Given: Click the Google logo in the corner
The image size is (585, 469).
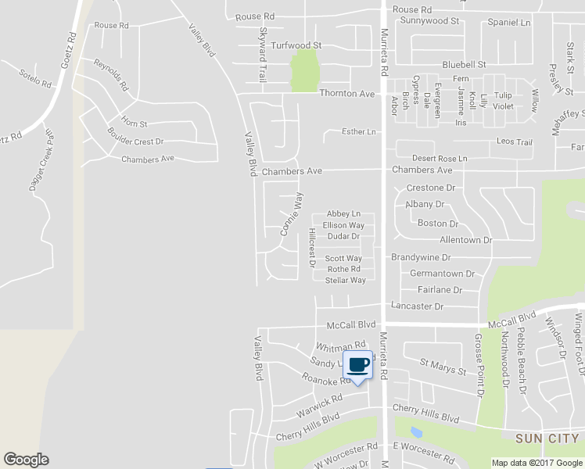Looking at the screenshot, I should [x=26, y=460].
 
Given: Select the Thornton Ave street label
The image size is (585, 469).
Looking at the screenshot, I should [x=347, y=94].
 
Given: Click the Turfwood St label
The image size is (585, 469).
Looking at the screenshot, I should [x=296, y=46].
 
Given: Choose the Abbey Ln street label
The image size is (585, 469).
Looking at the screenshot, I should [x=343, y=213].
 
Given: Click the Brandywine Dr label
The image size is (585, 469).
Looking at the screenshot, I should [x=421, y=257].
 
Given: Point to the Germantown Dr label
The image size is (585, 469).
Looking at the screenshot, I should [x=442, y=274].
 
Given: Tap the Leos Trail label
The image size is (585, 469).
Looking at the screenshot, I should [x=515, y=142].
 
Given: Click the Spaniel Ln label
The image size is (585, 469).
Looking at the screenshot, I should [x=508, y=23].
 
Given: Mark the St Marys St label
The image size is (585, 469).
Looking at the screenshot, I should [x=443, y=363].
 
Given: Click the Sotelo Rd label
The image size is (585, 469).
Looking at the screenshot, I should [x=34, y=78].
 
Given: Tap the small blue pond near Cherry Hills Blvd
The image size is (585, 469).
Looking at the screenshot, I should [x=415, y=431].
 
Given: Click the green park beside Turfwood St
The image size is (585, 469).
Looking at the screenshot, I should [x=304, y=72].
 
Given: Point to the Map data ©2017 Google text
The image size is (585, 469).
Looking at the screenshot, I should [x=537, y=463].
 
